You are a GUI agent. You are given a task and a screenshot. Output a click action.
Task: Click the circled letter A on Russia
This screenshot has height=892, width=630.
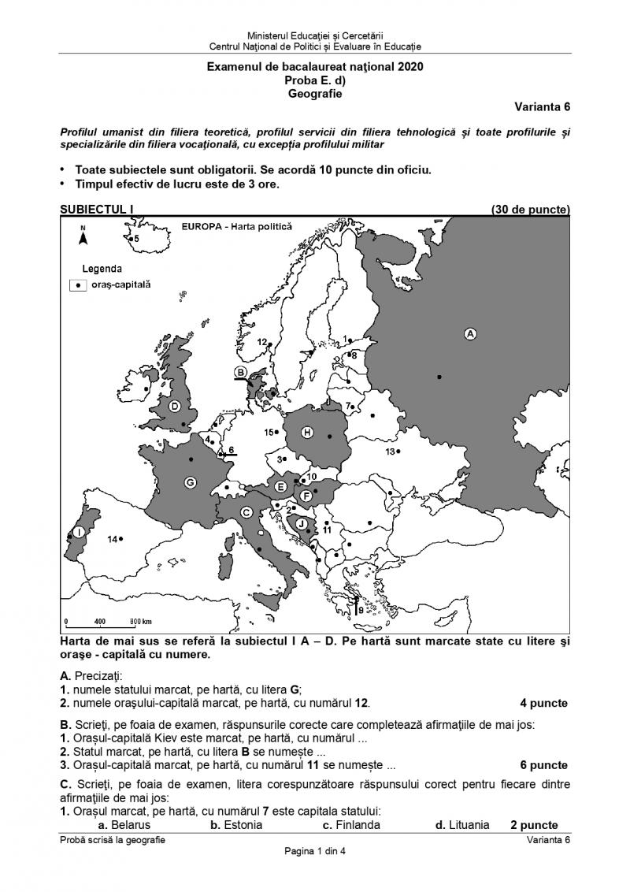pyautogui.click(x=471, y=334)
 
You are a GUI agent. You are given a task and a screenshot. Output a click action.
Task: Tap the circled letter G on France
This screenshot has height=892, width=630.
pyautogui.click(x=190, y=482)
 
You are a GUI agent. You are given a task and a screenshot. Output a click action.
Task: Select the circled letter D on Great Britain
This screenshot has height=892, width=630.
pyautogui.click(x=175, y=407)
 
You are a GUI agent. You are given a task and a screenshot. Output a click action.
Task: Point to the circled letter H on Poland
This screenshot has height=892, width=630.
pyautogui.click(x=308, y=432)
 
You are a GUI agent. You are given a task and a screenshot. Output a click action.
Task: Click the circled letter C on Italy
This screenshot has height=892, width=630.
pyautogui.click(x=246, y=513)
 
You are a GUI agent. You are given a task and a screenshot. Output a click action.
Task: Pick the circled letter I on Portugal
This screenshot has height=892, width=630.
pyautogui.click(x=80, y=533)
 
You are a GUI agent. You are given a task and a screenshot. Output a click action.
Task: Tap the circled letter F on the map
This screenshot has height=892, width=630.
pyautogui.click(x=306, y=495)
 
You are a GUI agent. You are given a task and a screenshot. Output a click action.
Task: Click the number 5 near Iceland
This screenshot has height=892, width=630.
pyautogui.click(x=135, y=238)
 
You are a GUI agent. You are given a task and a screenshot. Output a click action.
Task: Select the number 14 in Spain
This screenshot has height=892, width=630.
pyautogui.click(x=113, y=539)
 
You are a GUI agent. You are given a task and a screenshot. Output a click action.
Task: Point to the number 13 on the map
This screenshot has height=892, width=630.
pyautogui.click(x=389, y=452)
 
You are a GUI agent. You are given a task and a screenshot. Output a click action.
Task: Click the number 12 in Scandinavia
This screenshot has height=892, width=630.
pyautogui.click(x=262, y=342)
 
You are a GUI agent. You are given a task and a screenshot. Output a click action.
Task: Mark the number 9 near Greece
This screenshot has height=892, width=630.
pyautogui.click(x=361, y=610)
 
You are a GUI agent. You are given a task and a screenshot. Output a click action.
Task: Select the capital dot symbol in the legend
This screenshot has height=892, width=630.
pyautogui.click(x=79, y=285)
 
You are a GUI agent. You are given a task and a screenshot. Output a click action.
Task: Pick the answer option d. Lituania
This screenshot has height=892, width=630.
pyautogui.click(x=462, y=825)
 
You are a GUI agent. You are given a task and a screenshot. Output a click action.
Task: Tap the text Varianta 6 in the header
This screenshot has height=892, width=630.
pyautogui.click(x=543, y=107)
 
